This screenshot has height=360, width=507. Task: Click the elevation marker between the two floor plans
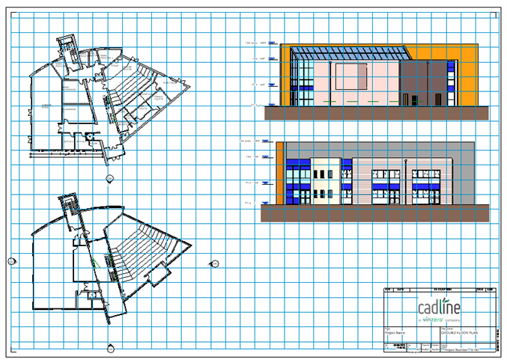click(110, 178)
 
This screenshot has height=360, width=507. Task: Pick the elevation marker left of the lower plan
click(11, 260)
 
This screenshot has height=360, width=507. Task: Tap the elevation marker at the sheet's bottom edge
click(111, 347)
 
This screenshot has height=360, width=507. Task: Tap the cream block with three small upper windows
click(326, 180)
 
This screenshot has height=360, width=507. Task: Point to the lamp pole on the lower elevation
click(404, 180)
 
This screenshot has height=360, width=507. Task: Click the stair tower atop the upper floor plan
click(70, 49)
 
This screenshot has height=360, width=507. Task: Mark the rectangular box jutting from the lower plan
click(159, 278)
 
